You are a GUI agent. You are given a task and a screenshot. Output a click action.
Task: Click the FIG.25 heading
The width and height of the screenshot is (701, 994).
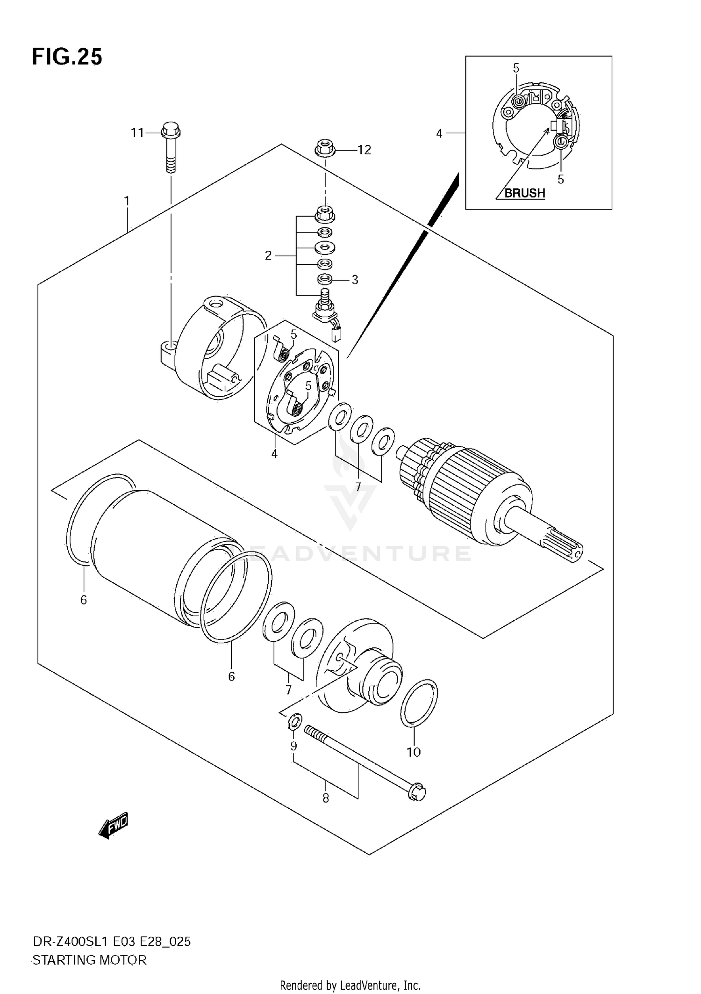(x=67, y=57)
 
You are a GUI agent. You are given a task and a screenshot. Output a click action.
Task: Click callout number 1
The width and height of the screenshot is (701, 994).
(x=127, y=201)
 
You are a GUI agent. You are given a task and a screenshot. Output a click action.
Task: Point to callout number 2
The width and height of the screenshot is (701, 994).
(x=268, y=256)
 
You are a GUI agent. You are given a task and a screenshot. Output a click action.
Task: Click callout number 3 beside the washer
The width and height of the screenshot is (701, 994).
(x=355, y=280)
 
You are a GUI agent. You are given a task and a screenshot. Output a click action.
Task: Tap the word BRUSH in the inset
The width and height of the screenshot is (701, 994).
(x=524, y=193)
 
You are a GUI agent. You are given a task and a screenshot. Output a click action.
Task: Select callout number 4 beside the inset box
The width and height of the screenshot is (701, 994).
(x=439, y=134)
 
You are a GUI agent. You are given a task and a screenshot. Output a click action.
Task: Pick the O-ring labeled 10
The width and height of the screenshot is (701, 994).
(x=419, y=710)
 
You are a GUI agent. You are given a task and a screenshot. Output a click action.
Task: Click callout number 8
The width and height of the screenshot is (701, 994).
(x=326, y=798)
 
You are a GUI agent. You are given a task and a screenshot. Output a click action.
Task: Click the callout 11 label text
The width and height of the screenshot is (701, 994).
(x=137, y=133)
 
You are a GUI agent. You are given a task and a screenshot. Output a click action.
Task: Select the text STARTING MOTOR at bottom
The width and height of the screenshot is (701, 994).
(x=89, y=960)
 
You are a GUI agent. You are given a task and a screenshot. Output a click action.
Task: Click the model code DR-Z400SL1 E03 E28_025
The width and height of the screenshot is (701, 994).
(x=111, y=942)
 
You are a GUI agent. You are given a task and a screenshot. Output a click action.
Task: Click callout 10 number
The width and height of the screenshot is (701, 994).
(x=414, y=752)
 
